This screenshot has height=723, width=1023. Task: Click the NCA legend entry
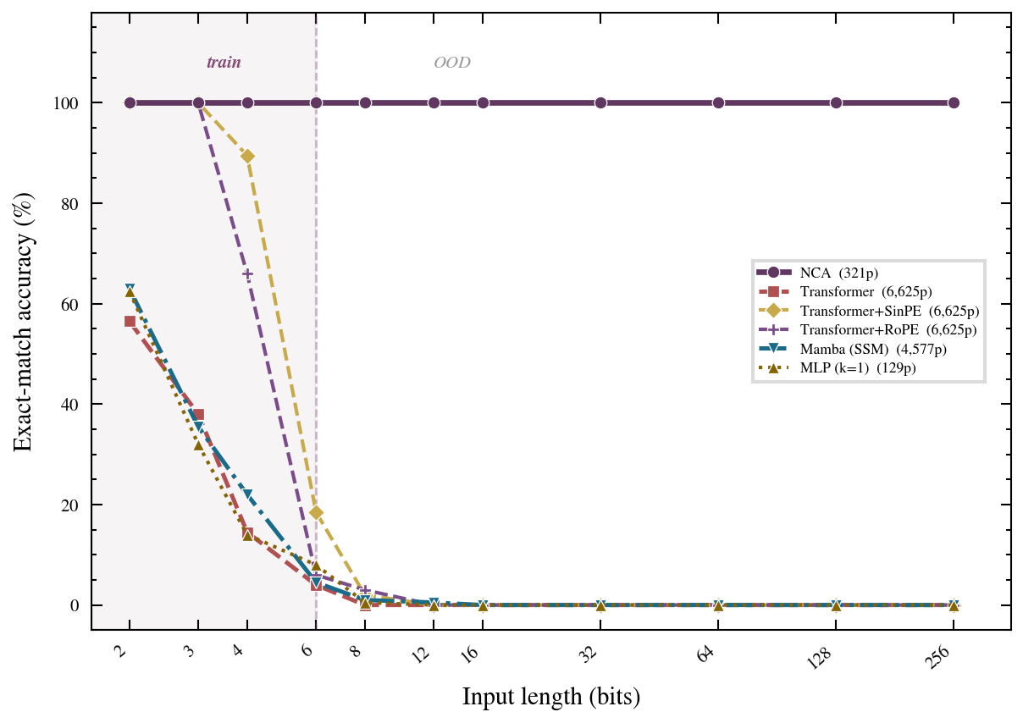838,273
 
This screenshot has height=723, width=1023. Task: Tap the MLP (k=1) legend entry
857,368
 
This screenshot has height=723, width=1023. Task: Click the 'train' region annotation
224,63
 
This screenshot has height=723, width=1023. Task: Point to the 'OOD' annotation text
452,63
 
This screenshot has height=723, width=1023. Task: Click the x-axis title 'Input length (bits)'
550,697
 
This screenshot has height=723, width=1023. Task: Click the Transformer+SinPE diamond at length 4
248,156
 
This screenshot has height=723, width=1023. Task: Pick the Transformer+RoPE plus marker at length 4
248,274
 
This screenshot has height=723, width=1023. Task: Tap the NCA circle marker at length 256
954,102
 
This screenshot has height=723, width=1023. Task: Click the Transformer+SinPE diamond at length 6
316,512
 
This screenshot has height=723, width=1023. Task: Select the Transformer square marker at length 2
130,322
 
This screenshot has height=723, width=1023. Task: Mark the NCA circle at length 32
600,102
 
